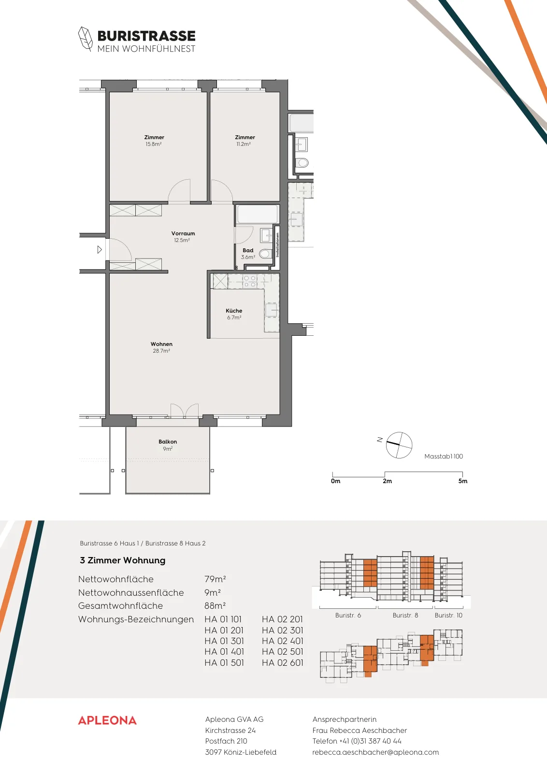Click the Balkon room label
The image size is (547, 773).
point(168,442)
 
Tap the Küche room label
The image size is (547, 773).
point(234,311)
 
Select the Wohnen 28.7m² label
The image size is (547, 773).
point(161,347)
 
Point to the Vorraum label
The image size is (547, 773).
point(183,233)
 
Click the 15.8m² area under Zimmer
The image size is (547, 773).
point(154,144)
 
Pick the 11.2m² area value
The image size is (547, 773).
point(244,144)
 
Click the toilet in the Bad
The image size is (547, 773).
point(265,254)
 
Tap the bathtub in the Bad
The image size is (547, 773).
point(258,214)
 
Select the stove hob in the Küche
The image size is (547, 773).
point(249,281)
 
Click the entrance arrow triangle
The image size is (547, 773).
point(100,249)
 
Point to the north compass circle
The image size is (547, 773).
point(399,445)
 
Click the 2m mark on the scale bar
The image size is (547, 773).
point(385,474)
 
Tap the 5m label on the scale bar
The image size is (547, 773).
point(463,481)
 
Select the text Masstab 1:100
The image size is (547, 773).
point(444,456)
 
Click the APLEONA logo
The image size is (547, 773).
point(107,720)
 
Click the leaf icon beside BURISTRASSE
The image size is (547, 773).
point(85,39)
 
